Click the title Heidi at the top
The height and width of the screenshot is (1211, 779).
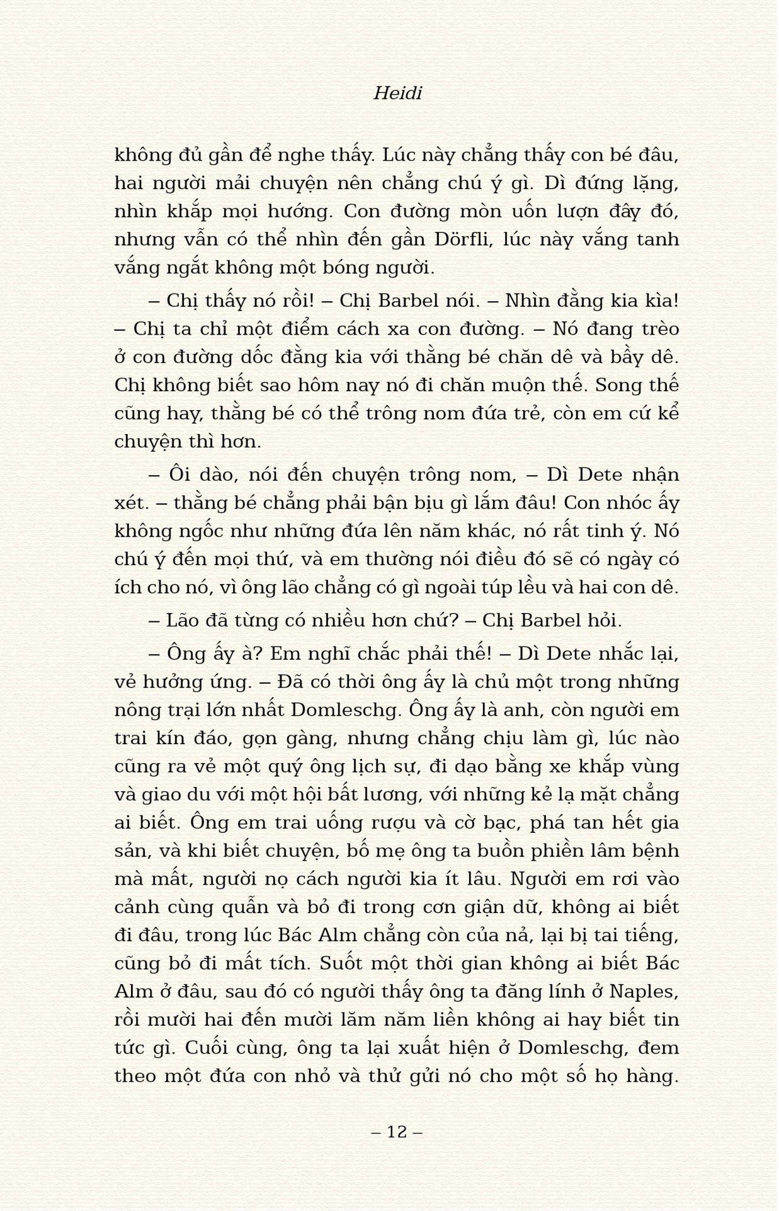click(x=397, y=93)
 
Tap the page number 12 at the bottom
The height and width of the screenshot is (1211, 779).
click(x=397, y=1132)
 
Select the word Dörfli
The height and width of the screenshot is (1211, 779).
click(x=462, y=240)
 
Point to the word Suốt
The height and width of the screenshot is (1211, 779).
click(x=340, y=963)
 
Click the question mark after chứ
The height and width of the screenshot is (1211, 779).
click(x=454, y=621)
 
